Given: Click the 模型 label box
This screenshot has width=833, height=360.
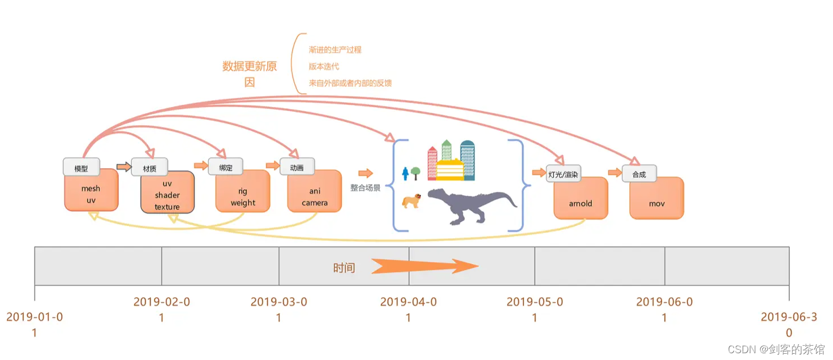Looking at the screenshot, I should [x=81, y=168].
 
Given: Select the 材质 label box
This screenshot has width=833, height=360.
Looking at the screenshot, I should [x=149, y=169].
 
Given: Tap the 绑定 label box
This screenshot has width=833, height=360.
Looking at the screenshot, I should [x=226, y=167].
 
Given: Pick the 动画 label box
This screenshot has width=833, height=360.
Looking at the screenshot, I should [x=297, y=167].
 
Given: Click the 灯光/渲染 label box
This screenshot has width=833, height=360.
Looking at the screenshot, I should [x=563, y=174].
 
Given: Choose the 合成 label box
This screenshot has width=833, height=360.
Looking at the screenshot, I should [x=639, y=174].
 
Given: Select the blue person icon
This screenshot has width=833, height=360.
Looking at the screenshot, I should [x=405, y=173].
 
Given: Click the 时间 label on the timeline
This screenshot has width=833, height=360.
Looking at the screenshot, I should [x=344, y=268].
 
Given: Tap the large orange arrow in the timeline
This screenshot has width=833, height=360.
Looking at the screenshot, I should [x=424, y=266].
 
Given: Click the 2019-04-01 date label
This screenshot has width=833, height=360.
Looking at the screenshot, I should [x=409, y=309].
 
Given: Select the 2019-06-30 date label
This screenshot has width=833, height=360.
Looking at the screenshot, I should [x=789, y=324].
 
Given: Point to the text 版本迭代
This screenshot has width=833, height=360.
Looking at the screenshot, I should [x=324, y=66].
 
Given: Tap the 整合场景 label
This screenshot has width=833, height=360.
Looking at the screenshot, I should [x=366, y=188].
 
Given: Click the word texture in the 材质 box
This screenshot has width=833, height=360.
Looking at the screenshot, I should [x=167, y=207].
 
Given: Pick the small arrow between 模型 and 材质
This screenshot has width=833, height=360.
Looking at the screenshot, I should [x=123, y=166].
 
